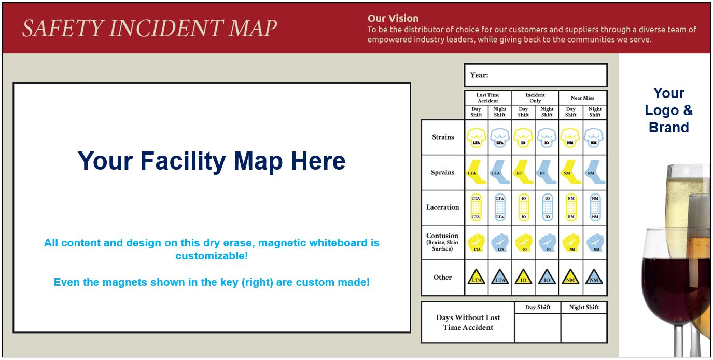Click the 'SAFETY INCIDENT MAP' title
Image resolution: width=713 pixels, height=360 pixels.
click(x=149, y=29)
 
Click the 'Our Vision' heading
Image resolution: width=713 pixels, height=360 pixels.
click(x=393, y=19)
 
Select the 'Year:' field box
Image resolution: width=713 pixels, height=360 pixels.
click(x=535, y=75)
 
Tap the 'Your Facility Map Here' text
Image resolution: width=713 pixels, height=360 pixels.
click(x=212, y=161)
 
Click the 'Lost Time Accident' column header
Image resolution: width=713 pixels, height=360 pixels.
click(x=488, y=98)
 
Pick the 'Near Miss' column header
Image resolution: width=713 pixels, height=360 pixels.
click(x=582, y=98)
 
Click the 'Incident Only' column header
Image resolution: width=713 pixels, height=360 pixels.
click(x=535, y=98)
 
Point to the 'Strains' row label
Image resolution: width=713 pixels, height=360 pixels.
click(x=443, y=137)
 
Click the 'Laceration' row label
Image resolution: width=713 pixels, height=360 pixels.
click(x=443, y=207)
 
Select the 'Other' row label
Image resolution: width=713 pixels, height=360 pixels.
click(x=443, y=277)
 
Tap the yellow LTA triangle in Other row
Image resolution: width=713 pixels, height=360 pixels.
click(x=476, y=278)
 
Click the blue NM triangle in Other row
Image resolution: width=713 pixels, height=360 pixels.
click(x=594, y=278)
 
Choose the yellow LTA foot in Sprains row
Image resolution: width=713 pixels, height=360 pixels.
click(x=476, y=172)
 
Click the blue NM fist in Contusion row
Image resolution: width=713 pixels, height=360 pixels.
click(x=595, y=242)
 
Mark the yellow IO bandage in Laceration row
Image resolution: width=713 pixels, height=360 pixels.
click(x=524, y=207)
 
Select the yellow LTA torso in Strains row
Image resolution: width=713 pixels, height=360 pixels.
click(x=476, y=137)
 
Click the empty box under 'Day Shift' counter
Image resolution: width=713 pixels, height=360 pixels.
click(x=537, y=328)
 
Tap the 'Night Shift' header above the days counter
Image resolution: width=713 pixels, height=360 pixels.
click(x=584, y=307)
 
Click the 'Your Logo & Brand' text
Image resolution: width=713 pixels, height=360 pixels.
click(x=668, y=110)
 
